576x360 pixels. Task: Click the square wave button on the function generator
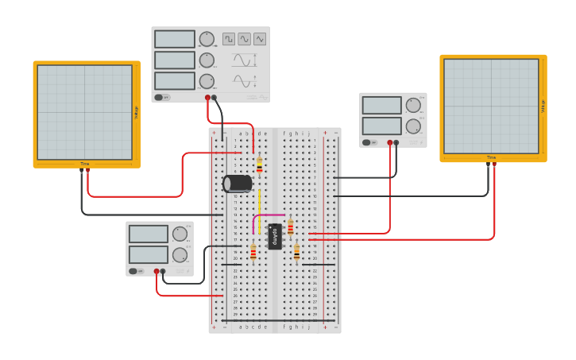pyautogui.click(x=229, y=39)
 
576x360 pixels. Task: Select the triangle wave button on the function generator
pyautogui.click(x=260, y=39)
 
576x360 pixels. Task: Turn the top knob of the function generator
pyautogui.click(x=207, y=39)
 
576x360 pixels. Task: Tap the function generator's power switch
pyautogui.click(x=161, y=97)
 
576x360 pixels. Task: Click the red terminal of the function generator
pyautogui.click(x=207, y=98)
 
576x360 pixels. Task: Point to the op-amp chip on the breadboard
pyautogui.click(x=275, y=236)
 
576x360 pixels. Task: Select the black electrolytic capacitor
pyautogui.click(x=238, y=184)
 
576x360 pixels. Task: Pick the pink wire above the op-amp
pyautogui.click(x=266, y=215)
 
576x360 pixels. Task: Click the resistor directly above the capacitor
pyautogui.click(x=259, y=165)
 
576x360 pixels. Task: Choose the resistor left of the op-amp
pyautogui.click(x=253, y=253)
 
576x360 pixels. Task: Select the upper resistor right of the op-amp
pyautogui.click(x=290, y=227)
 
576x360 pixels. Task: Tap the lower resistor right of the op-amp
pyautogui.click(x=296, y=253)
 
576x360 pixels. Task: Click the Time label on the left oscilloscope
pyautogui.click(x=84, y=164)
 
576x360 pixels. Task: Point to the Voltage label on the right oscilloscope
pyautogui.click(x=543, y=106)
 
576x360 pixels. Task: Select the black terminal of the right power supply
pyautogui.click(x=396, y=143)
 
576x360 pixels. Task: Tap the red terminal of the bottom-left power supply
pyautogui.click(x=157, y=272)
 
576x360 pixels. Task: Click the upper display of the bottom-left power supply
pyautogui.click(x=149, y=234)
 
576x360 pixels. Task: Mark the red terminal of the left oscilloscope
pyautogui.click(x=87, y=169)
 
